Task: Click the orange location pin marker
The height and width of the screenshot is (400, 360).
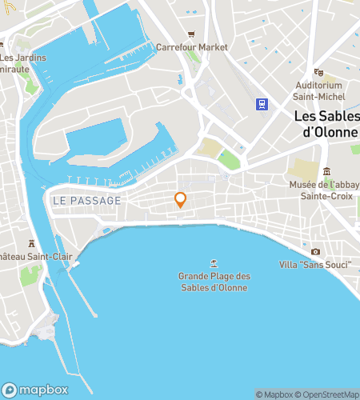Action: pyautogui.click(x=181, y=200)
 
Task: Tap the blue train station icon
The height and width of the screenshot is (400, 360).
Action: pyautogui.click(x=262, y=103)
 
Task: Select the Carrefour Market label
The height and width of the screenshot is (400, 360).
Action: pyautogui.click(x=192, y=47)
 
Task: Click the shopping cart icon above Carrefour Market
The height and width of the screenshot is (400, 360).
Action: pyautogui.click(x=192, y=34)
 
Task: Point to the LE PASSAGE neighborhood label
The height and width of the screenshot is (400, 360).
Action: pyautogui.click(x=86, y=200)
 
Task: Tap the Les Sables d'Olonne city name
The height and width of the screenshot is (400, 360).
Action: pyautogui.click(x=326, y=123)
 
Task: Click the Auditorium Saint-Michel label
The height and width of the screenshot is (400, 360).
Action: pyautogui.click(x=319, y=90)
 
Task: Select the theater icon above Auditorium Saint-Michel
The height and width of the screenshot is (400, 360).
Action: pyautogui.click(x=318, y=72)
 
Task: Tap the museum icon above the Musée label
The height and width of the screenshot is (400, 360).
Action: pyautogui.click(x=326, y=171)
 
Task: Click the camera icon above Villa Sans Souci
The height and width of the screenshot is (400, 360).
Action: pyautogui.click(x=315, y=251)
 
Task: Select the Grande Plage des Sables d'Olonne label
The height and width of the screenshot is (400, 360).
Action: pyautogui.click(x=214, y=282)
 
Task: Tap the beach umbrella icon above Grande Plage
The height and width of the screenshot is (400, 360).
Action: pyautogui.click(x=214, y=262)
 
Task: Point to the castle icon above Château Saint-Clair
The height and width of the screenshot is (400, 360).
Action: pyautogui.click(x=31, y=243)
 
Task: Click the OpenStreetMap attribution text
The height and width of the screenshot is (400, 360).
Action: pyautogui.click(x=330, y=394)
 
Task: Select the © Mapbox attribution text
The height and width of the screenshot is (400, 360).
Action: pyautogui.click(x=275, y=394)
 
